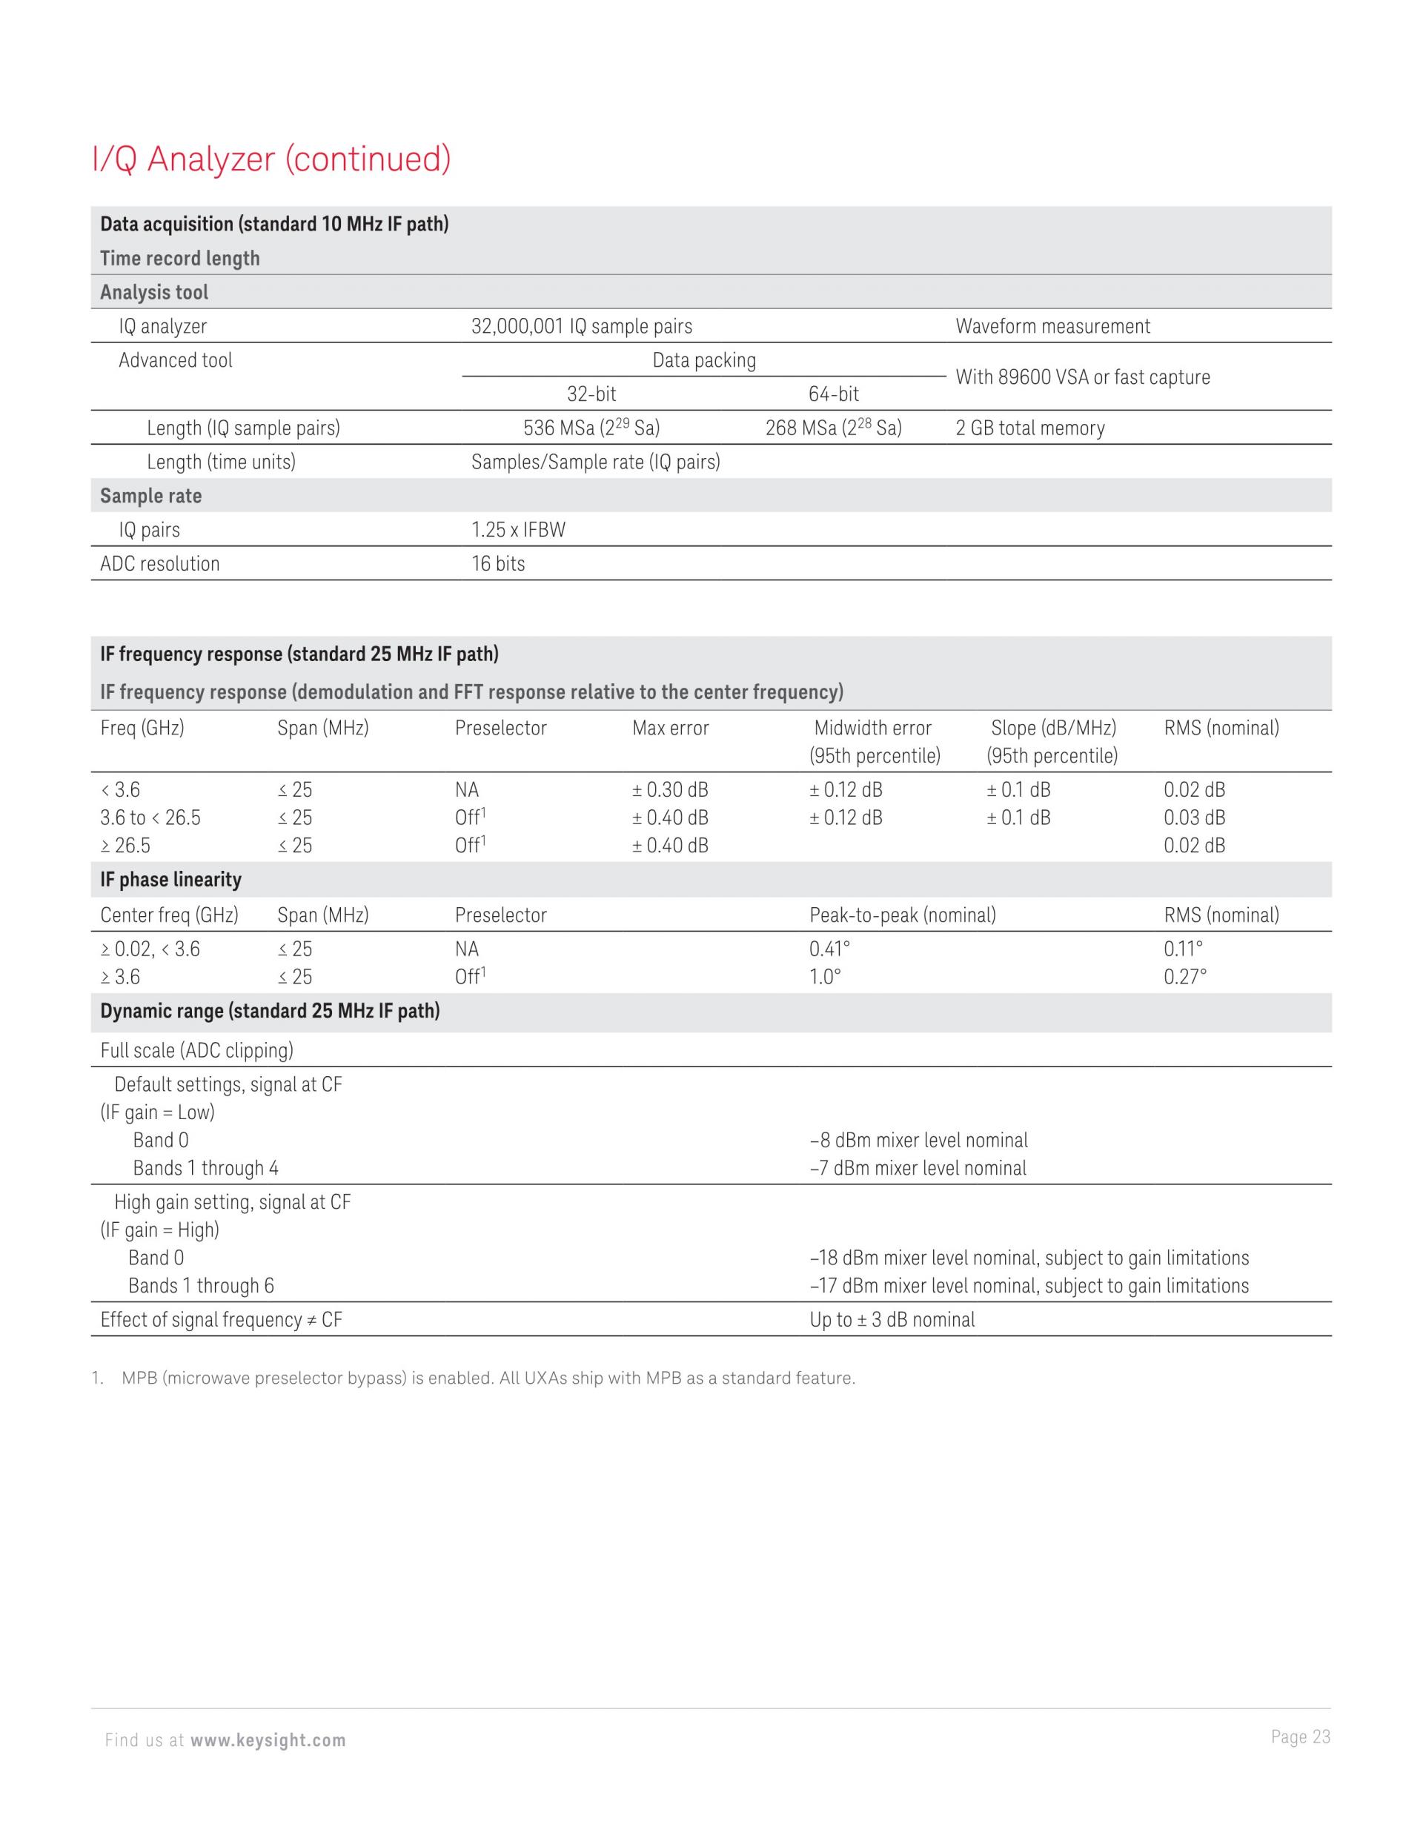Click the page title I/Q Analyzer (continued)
tap(271, 159)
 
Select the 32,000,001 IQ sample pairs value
tap(581, 326)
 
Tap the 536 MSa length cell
tap(591, 428)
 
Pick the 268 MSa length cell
tap(833, 428)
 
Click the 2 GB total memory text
tap(1029, 428)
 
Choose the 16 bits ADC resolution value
tap(497, 564)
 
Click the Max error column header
tap(670, 729)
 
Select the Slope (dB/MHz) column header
tap(1053, 729)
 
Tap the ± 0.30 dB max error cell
tap(670, 790)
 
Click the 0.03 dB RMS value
tap(1194, 817)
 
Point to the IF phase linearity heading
tap(170, 880)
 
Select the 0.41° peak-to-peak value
tap(829, 949)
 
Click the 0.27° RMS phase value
tap(1184, 977)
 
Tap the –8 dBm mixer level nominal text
tap(918, 1141)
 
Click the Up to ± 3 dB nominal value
tap(892, 1320)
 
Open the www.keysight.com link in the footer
tap(268, 1741)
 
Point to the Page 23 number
tap(1300, 1736)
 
